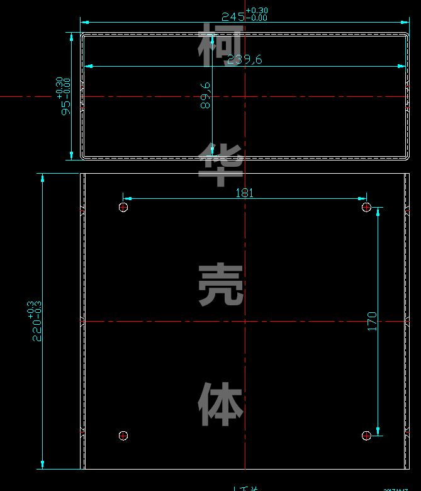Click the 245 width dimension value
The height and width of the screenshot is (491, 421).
233,17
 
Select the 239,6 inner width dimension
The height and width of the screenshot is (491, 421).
244,60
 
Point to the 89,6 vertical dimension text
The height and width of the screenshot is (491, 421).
205,96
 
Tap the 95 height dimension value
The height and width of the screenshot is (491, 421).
65,105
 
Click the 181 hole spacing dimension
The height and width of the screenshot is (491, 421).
244,193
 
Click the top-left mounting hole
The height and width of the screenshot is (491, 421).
123,207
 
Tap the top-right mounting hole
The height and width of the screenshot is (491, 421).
366,207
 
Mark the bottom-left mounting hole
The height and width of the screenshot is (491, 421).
123,435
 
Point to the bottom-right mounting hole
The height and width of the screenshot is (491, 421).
366,435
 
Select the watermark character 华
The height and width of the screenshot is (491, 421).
221,164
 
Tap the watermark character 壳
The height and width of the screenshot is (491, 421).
221,285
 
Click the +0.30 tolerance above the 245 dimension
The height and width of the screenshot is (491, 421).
257,10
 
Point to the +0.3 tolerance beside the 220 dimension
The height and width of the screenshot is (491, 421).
30,308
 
